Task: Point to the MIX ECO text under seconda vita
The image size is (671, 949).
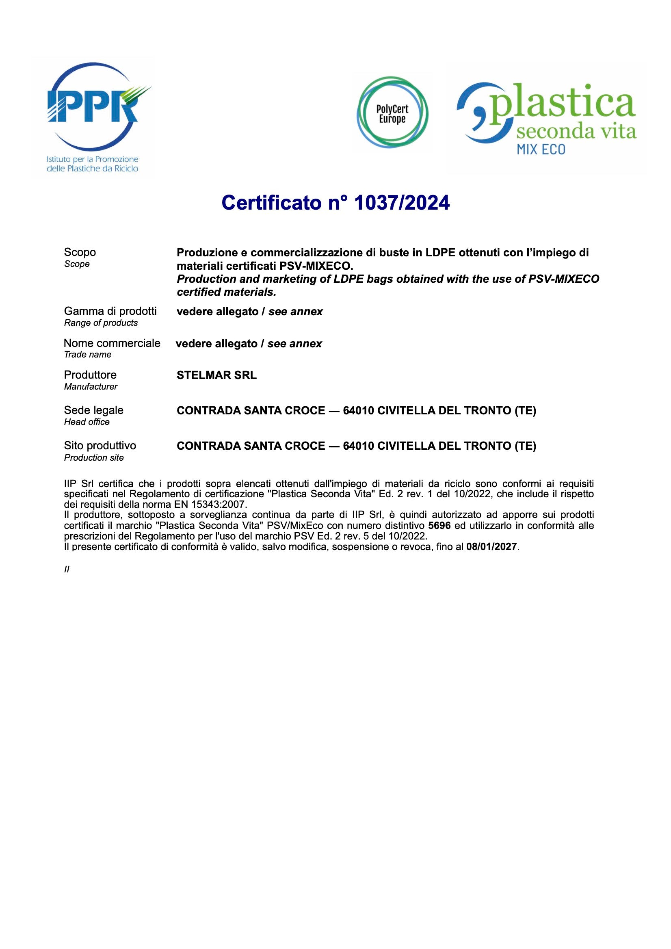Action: click(x=541, y=149)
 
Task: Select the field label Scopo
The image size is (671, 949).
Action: click(x=80, y=252)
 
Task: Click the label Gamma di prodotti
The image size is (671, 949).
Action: click(x=110, y=311)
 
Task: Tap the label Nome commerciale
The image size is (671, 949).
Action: click(x=112, y=343)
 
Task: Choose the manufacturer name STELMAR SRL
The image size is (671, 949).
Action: click(x=216, y=375)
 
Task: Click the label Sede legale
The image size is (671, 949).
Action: click(x=94, y=410)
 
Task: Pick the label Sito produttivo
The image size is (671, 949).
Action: click(x=100, y=446)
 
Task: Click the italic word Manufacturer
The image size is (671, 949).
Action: click(x=91, y=387)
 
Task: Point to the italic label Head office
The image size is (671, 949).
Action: click(x=87, y=422)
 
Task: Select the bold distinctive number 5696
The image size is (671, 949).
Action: click(x=439, y=526)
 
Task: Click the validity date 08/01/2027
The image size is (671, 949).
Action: click(x=491, y=547)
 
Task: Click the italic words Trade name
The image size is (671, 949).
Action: click(x=88, y=355)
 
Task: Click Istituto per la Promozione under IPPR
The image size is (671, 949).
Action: click(x=93, y=159)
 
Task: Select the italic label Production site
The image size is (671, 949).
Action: click(x=94, y=457)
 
